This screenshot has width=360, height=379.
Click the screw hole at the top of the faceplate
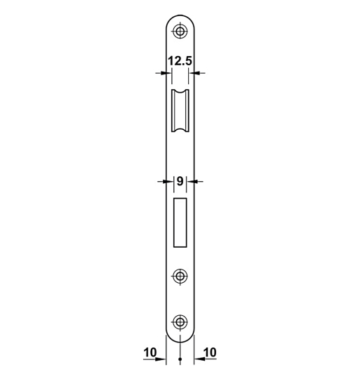point(180,32)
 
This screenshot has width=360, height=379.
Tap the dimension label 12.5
point(180,61)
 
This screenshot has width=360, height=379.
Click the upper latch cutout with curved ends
point(180,111)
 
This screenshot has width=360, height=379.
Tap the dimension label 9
point(180,180)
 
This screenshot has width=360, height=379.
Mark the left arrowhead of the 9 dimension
point(168,181)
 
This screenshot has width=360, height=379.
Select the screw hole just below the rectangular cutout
point(180,276)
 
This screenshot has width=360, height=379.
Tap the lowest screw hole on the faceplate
point(180,322)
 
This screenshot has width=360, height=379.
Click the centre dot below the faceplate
point(180,361)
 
